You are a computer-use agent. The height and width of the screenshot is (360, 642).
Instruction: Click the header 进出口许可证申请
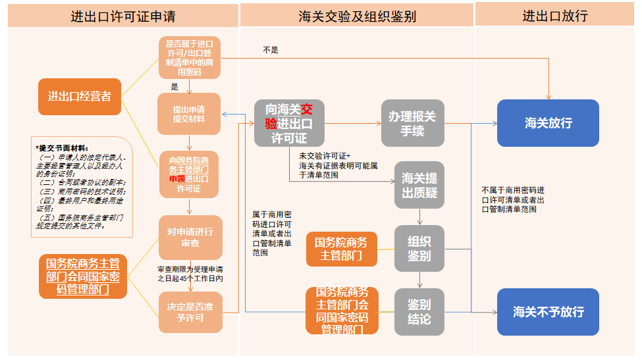point(122,16)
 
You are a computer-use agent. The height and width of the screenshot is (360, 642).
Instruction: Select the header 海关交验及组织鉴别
point(357,16)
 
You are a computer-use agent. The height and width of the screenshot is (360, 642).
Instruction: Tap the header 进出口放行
point(555,16)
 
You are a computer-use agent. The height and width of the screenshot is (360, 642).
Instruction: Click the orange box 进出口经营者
point(80,97)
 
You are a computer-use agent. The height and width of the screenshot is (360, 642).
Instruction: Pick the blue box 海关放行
point(548,123)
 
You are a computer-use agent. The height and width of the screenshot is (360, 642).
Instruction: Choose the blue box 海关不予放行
point(548,312)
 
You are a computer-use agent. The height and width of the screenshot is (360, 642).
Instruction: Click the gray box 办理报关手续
point(412,123)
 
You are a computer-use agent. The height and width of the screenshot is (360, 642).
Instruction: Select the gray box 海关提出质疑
point(419,186)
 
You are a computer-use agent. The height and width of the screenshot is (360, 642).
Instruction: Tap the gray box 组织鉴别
point(419,248)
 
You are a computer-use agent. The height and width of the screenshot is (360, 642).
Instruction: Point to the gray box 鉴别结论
point(419,311)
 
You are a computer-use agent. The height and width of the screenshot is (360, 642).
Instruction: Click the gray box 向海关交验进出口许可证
point(289,123)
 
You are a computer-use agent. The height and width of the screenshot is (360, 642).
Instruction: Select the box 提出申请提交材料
point(189,113)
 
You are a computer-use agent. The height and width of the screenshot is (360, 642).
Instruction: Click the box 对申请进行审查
point(190,237)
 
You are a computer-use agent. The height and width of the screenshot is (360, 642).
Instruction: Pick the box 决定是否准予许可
point(190,312)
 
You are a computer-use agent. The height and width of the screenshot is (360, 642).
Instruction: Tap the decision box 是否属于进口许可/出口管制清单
point(189,57)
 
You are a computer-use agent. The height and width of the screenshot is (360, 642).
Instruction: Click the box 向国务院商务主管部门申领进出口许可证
point(189,174)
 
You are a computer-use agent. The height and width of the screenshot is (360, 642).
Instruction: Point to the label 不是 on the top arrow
point(271,49)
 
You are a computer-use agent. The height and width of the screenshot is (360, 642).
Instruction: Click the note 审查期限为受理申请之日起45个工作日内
point(190,274)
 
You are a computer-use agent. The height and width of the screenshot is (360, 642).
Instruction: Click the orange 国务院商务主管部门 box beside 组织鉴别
point(342,249)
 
